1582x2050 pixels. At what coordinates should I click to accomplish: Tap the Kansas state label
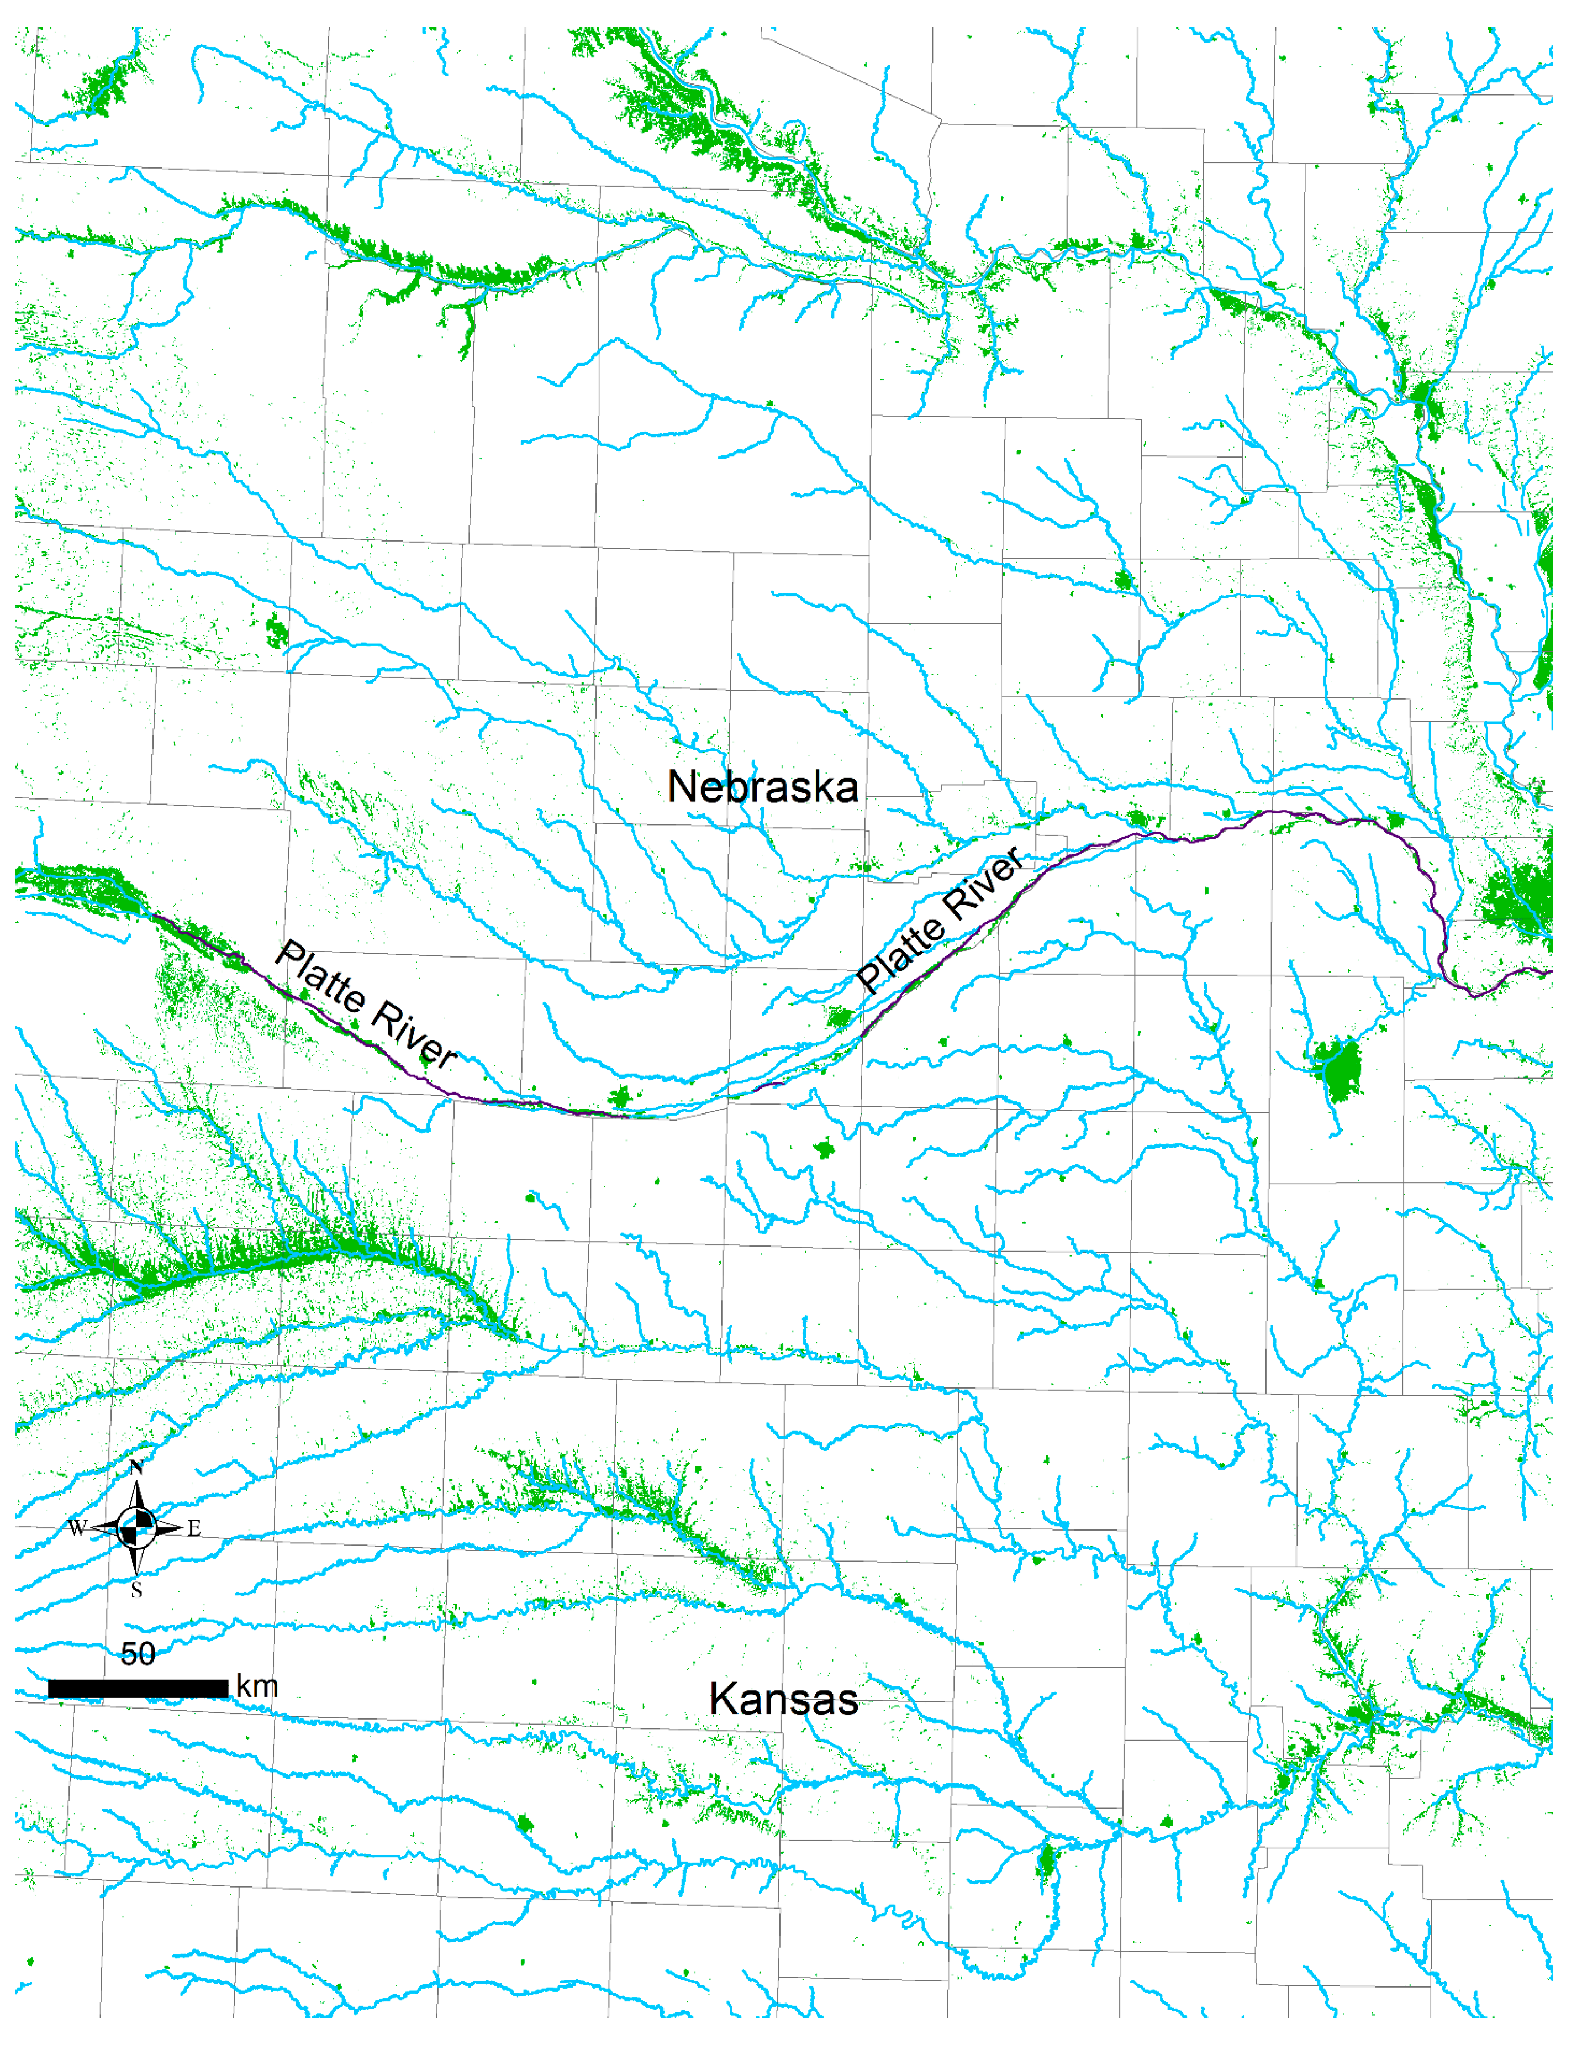tap(783, 1699)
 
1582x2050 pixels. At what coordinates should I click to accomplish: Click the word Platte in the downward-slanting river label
tap(319, 976)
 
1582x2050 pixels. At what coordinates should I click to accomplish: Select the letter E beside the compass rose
tap(194, 1528)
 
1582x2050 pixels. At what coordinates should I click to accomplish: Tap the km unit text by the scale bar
tap(256, 1687)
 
